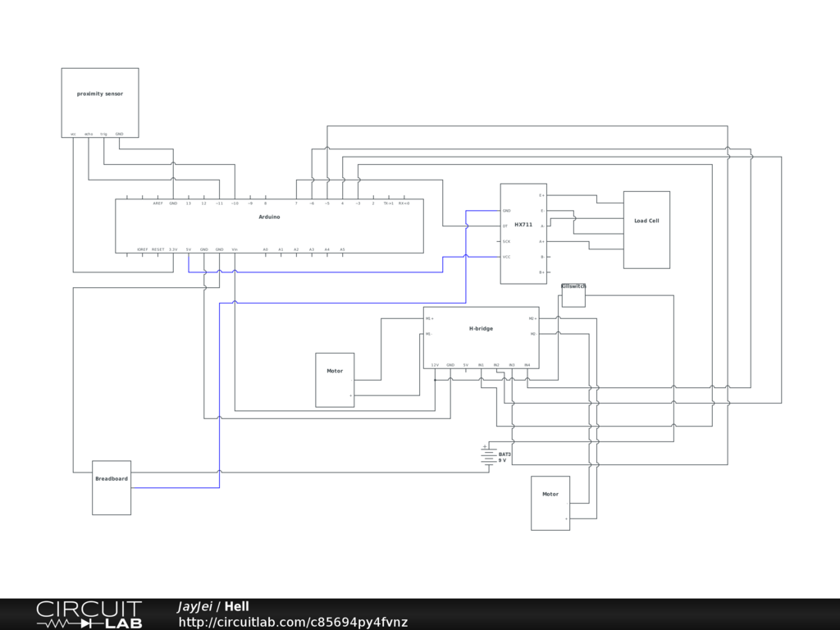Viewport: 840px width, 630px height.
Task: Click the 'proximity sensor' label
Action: (100, 94)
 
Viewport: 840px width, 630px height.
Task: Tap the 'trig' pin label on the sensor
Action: (103, 134)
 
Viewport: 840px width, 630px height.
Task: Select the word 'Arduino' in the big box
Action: (269, 217)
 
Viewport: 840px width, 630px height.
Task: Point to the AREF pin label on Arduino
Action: (157, 203)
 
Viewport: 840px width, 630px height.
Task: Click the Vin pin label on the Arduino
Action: (235, 249)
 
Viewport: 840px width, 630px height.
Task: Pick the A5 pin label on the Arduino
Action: (342, 249)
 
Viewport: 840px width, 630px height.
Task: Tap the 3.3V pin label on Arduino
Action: (173, 249)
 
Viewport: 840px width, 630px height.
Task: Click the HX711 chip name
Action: (523, 224)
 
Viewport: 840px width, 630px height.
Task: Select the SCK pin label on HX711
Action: (506, 241)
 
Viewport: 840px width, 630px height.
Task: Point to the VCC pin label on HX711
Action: (506, 257)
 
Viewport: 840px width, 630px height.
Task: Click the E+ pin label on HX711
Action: (541, 195)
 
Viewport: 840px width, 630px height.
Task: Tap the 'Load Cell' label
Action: (646, 221)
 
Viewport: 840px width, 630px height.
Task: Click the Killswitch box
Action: (573, 296)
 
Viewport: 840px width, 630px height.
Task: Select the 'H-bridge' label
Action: (481, 328)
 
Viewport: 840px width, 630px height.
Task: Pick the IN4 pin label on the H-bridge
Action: (527, 364)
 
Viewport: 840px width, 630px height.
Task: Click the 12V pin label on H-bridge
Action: (435, 364)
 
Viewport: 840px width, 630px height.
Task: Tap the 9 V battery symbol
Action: (489, 456)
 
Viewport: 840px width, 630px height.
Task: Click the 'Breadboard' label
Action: (112, 478)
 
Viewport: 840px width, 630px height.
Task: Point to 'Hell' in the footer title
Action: (237, 606)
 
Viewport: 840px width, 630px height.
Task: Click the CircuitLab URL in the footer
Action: (293, 623)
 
